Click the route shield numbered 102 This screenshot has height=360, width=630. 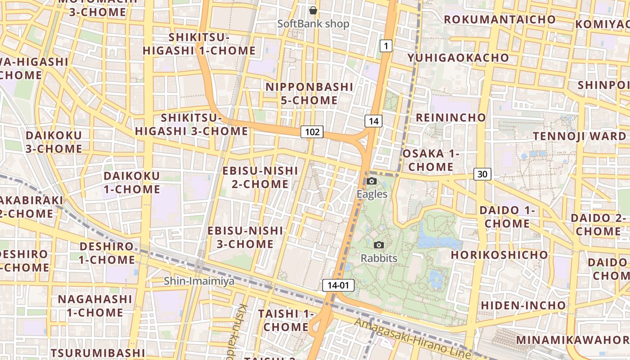pyautogui.click(x=312, y=132)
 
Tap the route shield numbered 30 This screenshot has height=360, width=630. pyautogui.click(x=482, y=174)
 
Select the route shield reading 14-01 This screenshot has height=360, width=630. pyautogui.click(x=338, y=285)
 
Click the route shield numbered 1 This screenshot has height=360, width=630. pyautogui.click(x=386, y=45)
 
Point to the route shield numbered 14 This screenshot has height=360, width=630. pyautogui.click(x=373, y=121)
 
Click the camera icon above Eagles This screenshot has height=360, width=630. pyautogui.click(x=372, y=181)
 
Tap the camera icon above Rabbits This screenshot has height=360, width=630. pyautogui.click(x=379, y=245)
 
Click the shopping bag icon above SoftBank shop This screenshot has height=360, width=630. pyautogui.click(x=313, y=10)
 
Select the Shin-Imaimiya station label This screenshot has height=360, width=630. pyautogui.click(x=199, y=281)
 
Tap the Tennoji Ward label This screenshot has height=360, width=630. pyautogui.click(x=580, y=136)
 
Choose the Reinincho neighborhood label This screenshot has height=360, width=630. pyautogui.click(x=451, y=117)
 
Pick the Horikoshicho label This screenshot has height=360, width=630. pyautogui.click(x=499, y=255)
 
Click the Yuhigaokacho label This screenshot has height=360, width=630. pyautogui.click(x=458, y=58)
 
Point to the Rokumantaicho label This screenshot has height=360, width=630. pyautogui.click(x=500, y=19)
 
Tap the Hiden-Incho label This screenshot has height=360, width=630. pyautogui.click(x=523, y=305)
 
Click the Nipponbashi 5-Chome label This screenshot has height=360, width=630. pyautogui.click(x=309, y=93)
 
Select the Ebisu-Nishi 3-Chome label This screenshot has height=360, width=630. pyautogui.click(x=245, y=237)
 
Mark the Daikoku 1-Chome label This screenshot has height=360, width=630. pyautogui.click(x=132, y=182)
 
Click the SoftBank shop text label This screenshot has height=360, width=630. pyautogui.click(x=313, y=24)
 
